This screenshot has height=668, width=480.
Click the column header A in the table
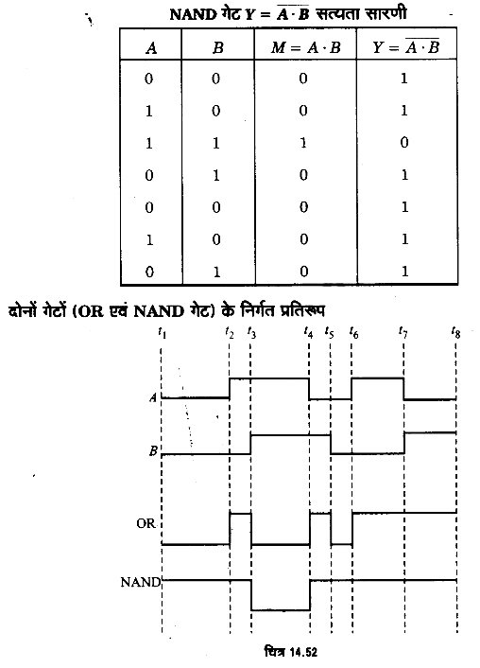point(151,47)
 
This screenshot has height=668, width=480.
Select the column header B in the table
point(217,47)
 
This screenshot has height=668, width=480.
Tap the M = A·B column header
point(305,47)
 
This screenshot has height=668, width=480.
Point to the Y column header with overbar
point(405,46)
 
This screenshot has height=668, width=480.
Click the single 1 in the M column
point(302,143)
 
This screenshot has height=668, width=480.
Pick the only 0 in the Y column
point(404,142)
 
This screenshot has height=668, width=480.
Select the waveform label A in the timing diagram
point(153,398)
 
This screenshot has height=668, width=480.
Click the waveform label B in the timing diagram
point(153,450)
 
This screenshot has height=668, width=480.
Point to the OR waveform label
point(146,523)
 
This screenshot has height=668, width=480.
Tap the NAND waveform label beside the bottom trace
point(141,582)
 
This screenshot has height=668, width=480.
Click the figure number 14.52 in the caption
point(304,652)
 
